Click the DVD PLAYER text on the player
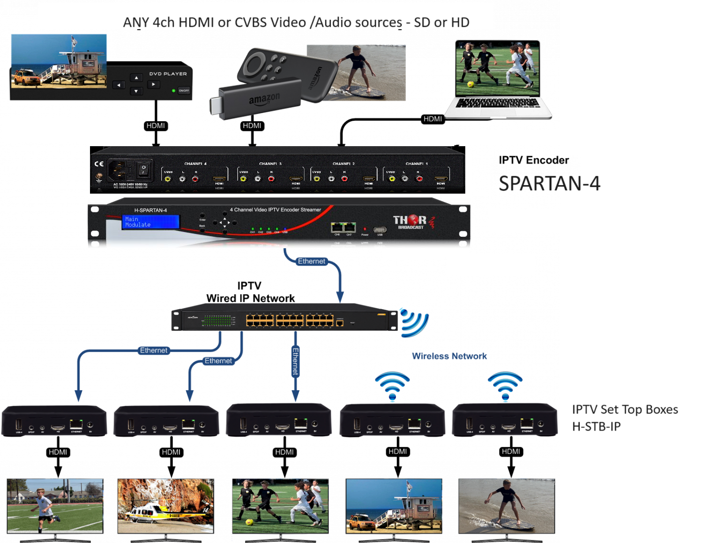168,74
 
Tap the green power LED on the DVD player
174,90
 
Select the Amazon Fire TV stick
254,98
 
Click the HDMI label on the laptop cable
433,119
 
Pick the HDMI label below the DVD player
156,126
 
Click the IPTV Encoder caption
534,160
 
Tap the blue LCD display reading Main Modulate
151,222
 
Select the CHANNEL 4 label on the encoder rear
195,164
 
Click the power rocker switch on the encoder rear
143,170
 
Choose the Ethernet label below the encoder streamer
312,261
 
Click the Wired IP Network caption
250,298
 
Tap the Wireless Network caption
449,356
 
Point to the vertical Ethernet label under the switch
295,361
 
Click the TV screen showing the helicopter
166,506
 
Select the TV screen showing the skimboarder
506,506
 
